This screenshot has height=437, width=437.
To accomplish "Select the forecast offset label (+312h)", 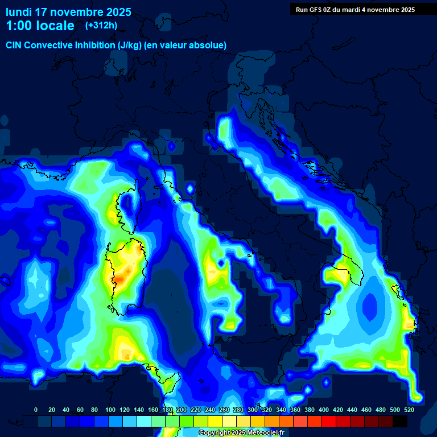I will coord(101,25).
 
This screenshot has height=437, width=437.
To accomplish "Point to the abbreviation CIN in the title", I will coord(15,45).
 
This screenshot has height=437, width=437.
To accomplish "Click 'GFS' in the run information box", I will coord(317,10).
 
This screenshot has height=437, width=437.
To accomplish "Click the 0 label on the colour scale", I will coord(36,410).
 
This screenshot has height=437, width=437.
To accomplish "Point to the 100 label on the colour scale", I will coord(110,410).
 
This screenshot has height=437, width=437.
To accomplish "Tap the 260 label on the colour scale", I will coord(224,410).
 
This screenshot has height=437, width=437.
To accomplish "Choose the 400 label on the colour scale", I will coord(324,410).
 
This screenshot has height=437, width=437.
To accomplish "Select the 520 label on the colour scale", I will coord(409,410).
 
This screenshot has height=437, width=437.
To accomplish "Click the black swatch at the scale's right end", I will coord(400,421).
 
